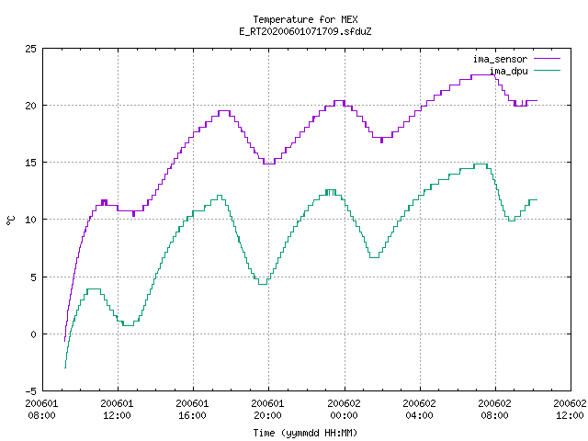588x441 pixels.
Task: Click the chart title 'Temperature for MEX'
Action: [x=305, y=19]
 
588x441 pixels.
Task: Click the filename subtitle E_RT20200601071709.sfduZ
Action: [x=305, y=31]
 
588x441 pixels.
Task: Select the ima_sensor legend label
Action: [x=500, y=59]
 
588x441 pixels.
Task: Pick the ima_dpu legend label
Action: [x=509, y=71]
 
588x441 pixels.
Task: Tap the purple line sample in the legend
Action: [x=548, y=59]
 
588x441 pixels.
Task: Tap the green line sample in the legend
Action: [x=548, y=70]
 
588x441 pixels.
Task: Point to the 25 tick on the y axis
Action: [x=30, y=49]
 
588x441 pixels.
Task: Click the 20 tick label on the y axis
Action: [x=30, y=106]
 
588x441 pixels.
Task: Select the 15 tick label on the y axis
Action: [x=30, y=163]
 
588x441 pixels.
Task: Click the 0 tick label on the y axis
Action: [x=33, y=334]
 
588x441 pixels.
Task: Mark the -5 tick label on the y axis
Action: [x=30, y=391]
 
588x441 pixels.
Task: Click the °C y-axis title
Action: [x=11, y=220]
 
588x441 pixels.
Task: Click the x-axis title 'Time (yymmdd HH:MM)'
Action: [x=305, y=433]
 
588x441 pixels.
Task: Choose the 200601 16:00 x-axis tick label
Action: [x=192, y=409]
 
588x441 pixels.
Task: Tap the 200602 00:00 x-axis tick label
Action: [x=344, y=409]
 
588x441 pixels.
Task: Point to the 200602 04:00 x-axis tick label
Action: [x=419, y=409]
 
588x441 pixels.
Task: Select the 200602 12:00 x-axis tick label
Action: [x=570, y=409]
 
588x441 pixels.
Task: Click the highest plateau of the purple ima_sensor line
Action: [x=483, y=75]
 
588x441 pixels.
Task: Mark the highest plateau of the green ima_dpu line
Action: [x=481, y=164]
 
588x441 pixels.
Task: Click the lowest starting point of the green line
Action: [x=65, y=367]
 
